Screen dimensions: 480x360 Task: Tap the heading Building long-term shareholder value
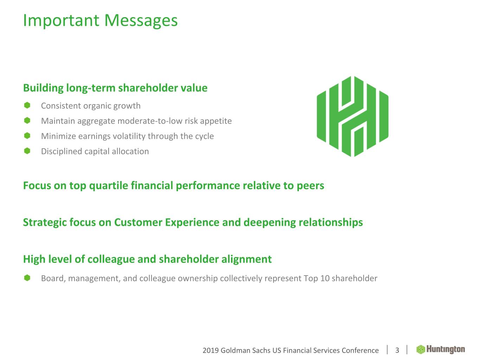click(x=115, y=88)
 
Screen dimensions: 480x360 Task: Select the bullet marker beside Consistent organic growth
click(x=27, y=105)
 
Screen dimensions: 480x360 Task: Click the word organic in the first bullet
click(x=97, y=106)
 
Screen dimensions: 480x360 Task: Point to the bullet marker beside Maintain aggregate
click(x=27, y=121)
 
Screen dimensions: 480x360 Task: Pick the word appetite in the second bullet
click(x=216, y=121)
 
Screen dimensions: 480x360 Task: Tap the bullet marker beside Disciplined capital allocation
click(x=27, y=151)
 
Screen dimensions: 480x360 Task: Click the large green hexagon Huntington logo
click(x=352, y=116)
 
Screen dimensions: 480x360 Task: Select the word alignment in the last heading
click(x=247, y=259)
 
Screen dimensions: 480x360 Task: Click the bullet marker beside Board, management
click(x=27, y=278)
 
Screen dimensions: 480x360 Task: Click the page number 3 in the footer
click(x=397, y=351)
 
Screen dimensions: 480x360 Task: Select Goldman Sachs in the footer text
click(x=245, y=351)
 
